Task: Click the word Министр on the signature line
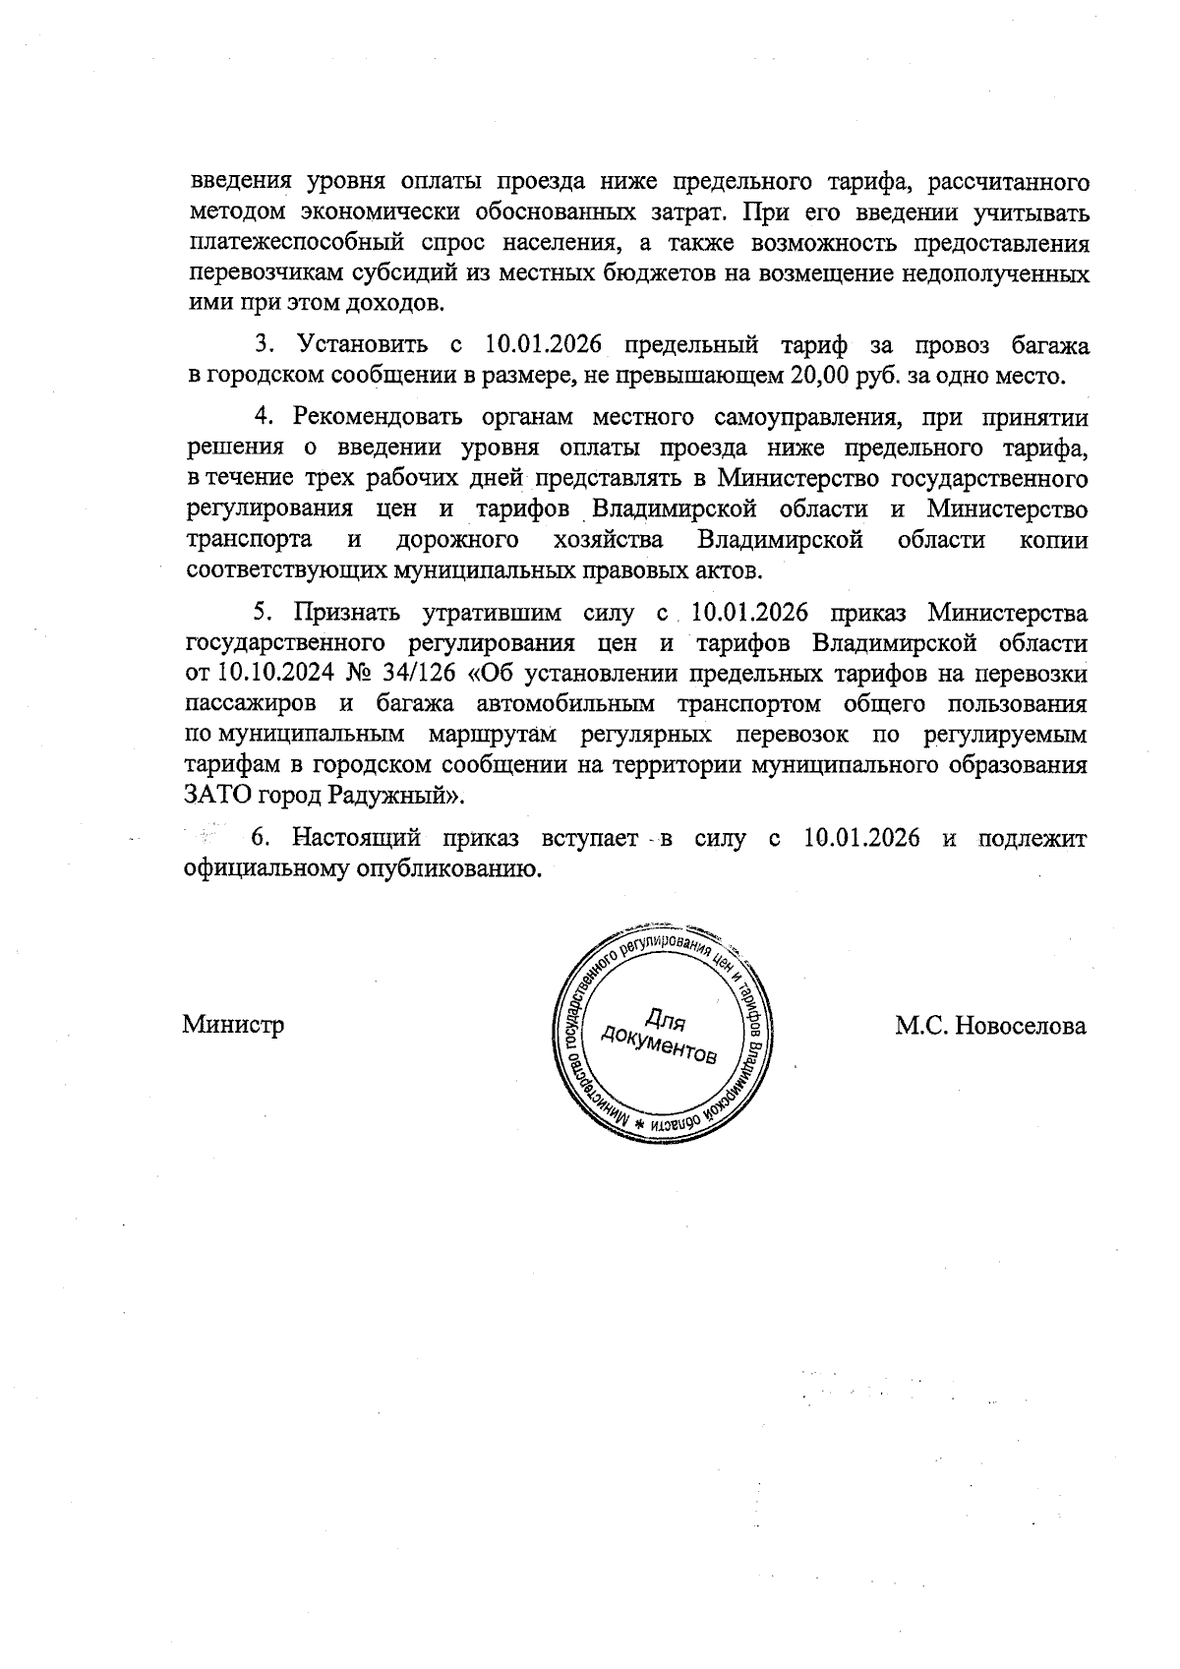click(233, 1026)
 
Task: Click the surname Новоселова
click(1022, 1026)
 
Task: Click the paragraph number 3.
click(263, 345)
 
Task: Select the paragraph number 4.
click(263, 417)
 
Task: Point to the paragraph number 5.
click(263, 613)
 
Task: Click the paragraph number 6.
click(261, 838)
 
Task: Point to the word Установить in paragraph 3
click(363, 345)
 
